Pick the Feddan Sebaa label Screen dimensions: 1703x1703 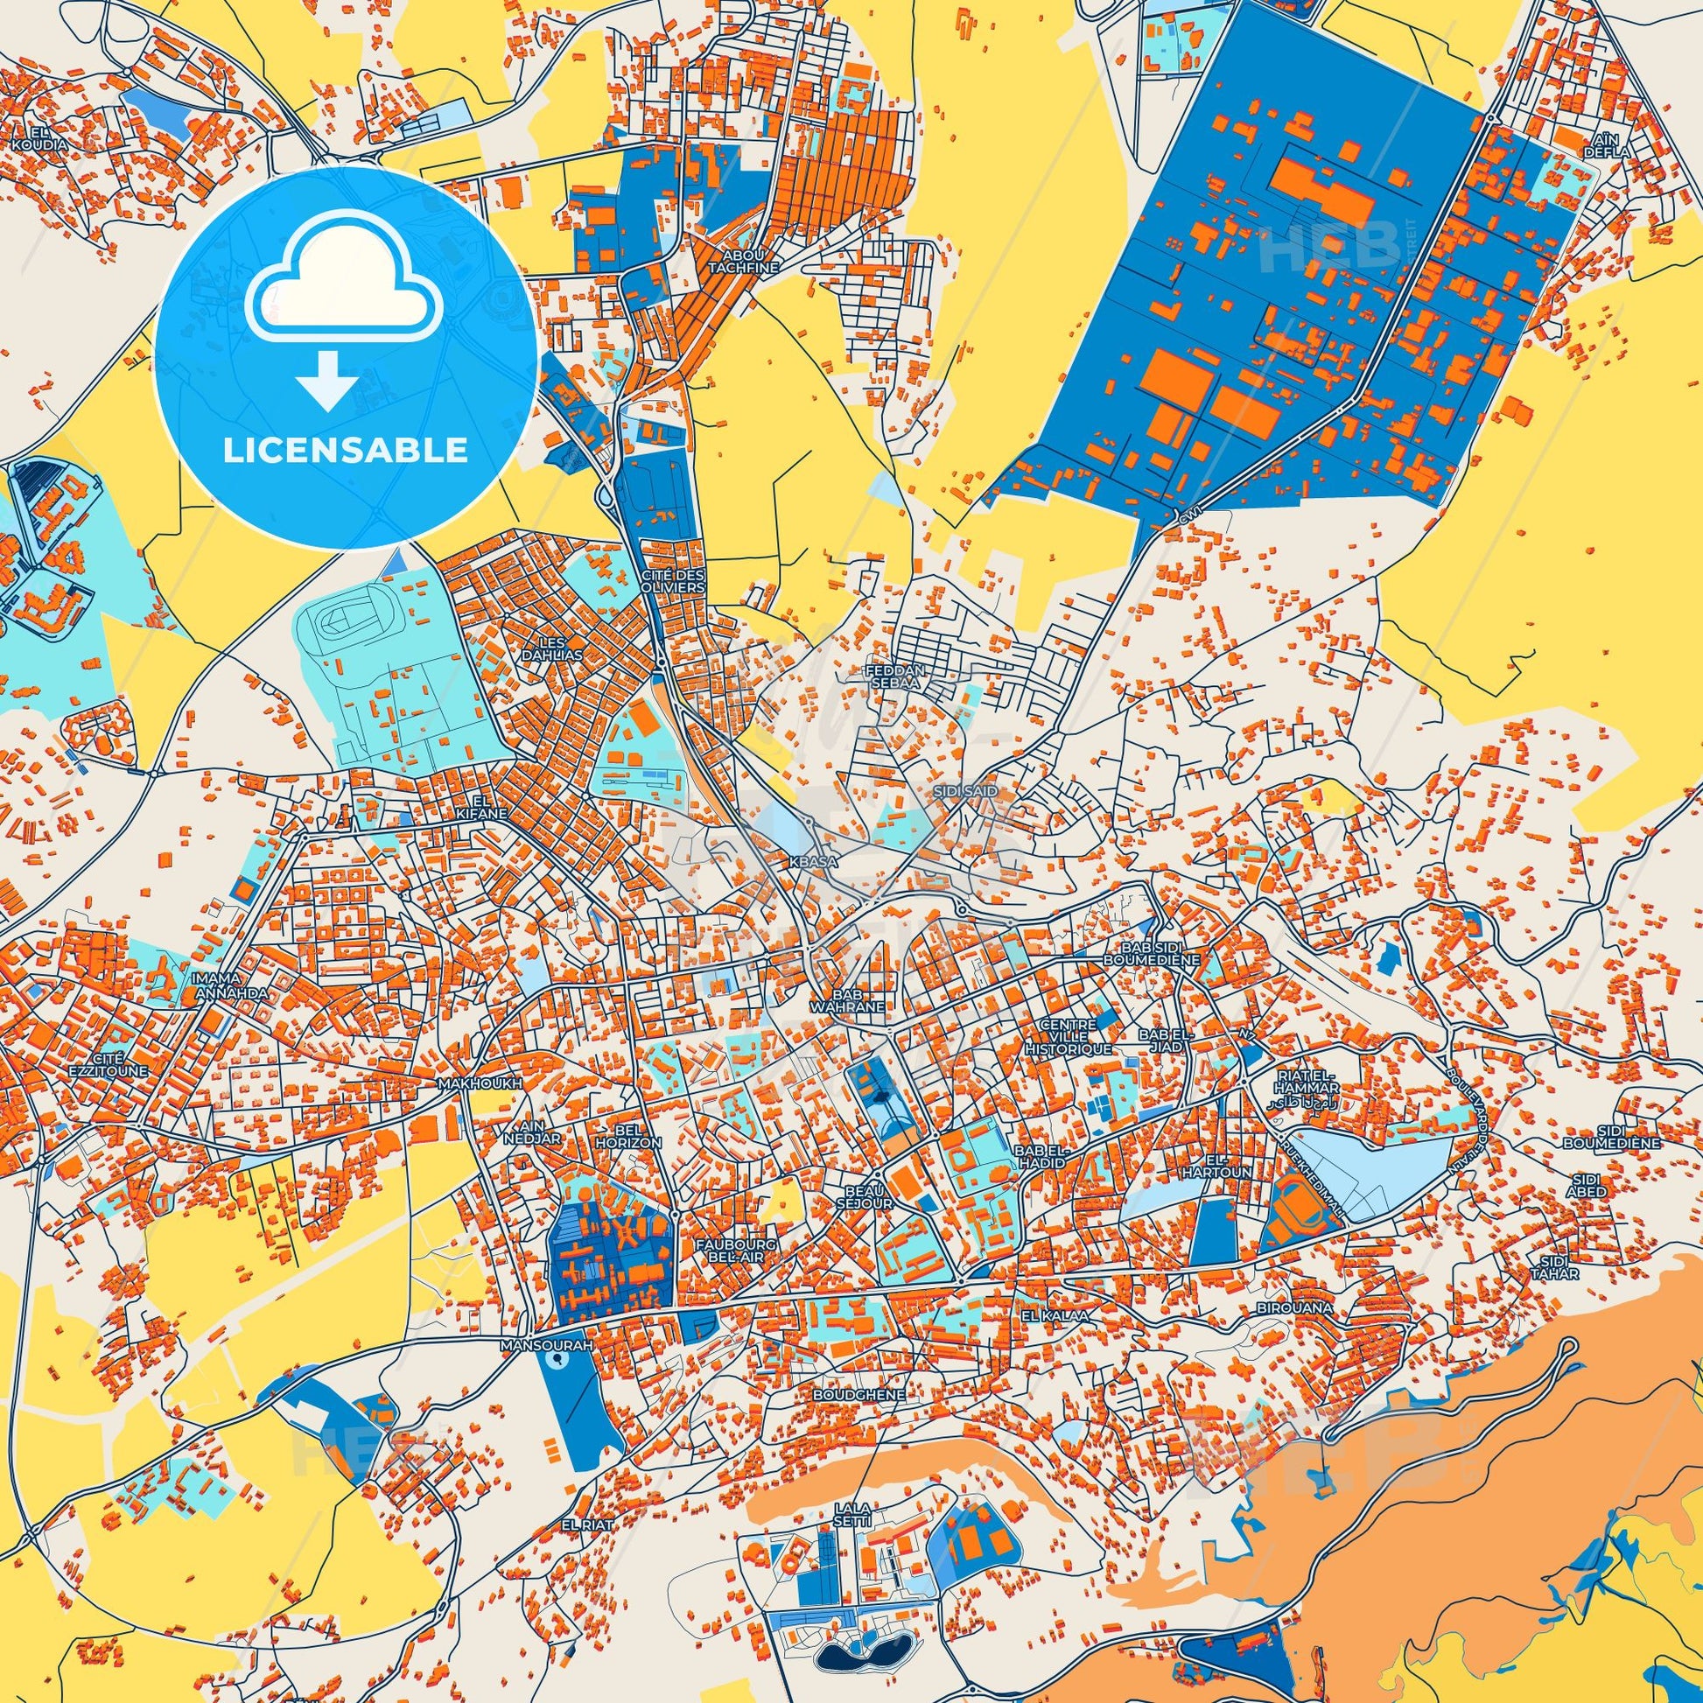[x=895, y=676]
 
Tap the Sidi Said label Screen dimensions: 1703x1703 [x=966, y=792]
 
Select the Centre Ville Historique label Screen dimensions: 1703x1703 [x=1069, y=1038]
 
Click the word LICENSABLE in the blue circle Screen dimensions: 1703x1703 [x=345, y=451]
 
